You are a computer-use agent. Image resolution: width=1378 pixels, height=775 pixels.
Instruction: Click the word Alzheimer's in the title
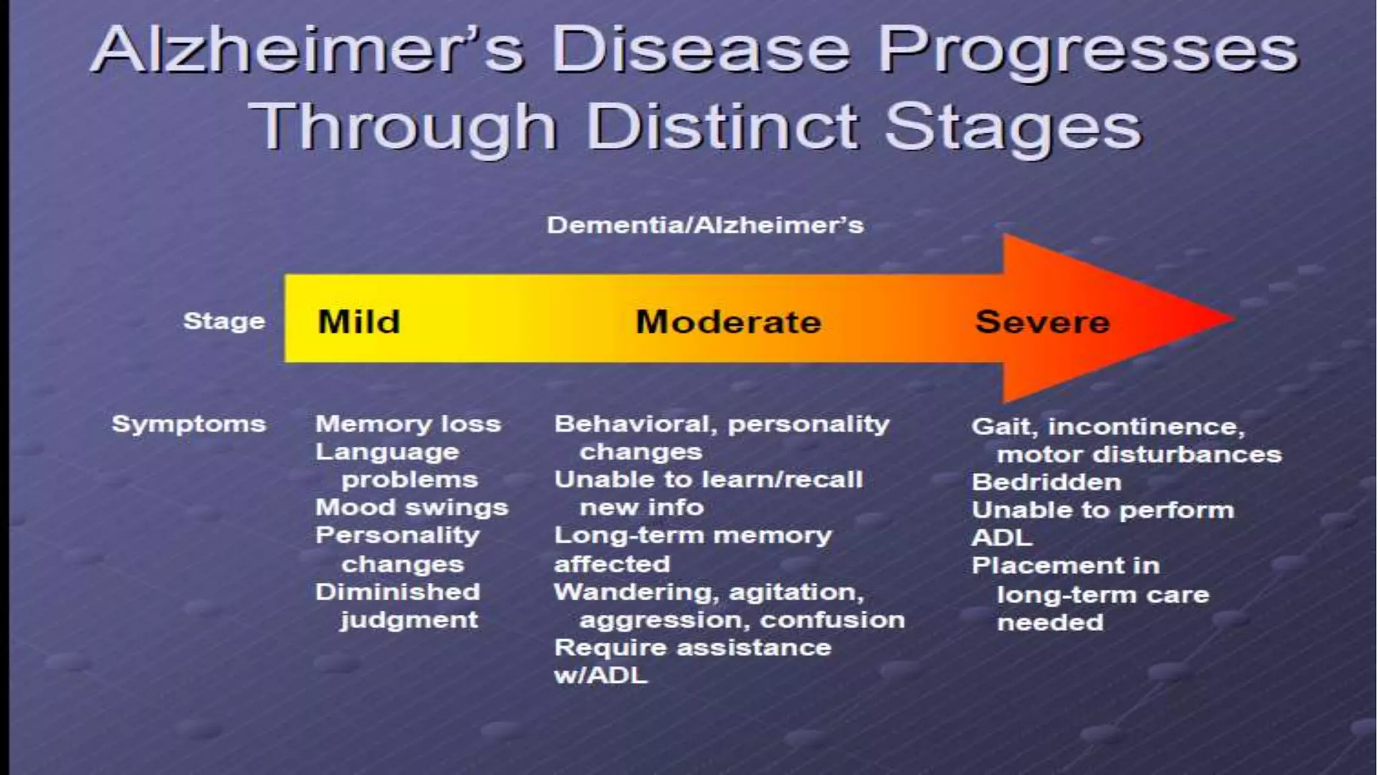point(307,50)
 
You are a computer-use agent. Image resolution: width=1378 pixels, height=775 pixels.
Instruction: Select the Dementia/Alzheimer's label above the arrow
point(704,225)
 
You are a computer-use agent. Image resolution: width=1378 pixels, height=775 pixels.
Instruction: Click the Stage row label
point(224,321)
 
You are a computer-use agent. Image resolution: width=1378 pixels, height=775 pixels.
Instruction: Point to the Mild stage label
point(359,322)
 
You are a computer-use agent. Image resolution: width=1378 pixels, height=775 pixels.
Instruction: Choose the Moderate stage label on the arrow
point(728,322)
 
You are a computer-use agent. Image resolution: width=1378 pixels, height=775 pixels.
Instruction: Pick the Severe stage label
point(1042,322)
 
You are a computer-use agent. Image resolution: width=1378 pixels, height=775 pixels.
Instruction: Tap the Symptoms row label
point(189,425)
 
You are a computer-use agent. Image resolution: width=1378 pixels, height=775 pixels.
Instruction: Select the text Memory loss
point(408,424)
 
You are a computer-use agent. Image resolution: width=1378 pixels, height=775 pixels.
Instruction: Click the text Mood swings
point(412,507)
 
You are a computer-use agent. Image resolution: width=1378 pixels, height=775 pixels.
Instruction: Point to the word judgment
point(409,620)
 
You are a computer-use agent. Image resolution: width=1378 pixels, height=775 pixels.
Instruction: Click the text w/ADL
point(600,675)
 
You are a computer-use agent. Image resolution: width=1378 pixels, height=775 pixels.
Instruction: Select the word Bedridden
point(1046,482)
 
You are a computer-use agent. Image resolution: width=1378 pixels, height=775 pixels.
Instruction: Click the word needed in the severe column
point(1050,622)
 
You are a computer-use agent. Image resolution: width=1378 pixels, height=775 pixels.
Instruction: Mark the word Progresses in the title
point(1089,50)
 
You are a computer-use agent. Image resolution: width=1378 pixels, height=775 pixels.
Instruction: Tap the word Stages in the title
point(1013,126)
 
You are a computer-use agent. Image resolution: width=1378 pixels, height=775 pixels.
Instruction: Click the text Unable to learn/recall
point(708,480)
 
